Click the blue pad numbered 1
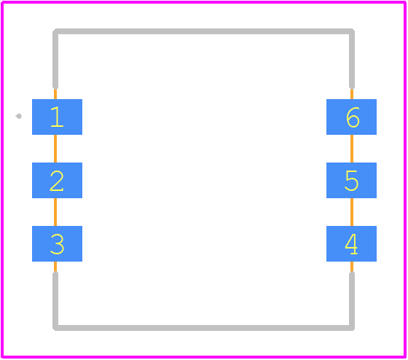tap(57, 117)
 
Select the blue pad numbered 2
tap(57, 181)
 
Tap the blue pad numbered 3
tap(57, 243)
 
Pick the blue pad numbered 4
tap(351, 243)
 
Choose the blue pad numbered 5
tap(351, 181)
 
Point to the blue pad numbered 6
tap(351, 117)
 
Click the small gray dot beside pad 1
tap(18, 116)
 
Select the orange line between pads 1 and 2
tap(55, 149)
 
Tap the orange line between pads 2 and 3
tap(55, 212)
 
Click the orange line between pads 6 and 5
tap(352, 149)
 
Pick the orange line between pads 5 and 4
tap(352, 212)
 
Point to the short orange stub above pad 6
tap(352, 94)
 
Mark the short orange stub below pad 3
tap(55, 267)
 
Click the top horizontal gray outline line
tap(203, 31)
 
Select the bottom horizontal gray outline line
tap(203, 328)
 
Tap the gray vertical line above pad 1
tap(55, 59)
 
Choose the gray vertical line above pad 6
tap(352, 59)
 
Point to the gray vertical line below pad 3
tap(55, 301)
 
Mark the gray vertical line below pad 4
tap(352, 301)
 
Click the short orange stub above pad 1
tap(55, 94)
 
